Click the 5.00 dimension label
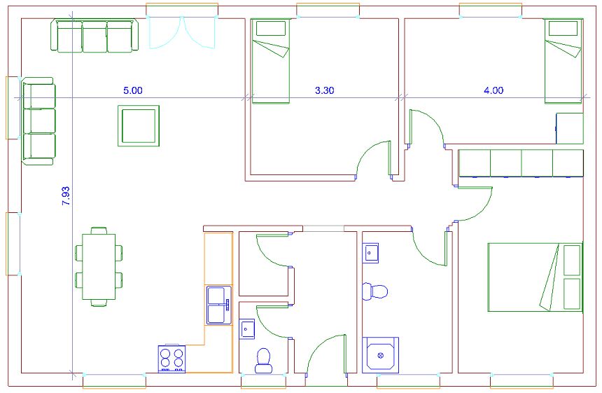pos(132,90)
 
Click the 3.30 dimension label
pos(324,90)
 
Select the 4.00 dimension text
pos(493,90)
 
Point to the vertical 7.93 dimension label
pos(66,195)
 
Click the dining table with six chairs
pos(99,267)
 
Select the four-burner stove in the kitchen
pos(171,359)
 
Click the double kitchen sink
pos(219,305)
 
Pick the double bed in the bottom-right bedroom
pos(535,277)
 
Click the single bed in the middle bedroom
pos(270,62)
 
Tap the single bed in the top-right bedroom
pos(563,62)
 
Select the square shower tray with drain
pos(381,355)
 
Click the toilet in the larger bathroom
pos(375,291)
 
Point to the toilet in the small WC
pos(264,361)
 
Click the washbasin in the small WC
pos(247,329)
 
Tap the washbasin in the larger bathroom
pos(370,253)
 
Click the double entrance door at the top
pos(181,32)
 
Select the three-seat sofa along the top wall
pos(94,36)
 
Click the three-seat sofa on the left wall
pos(38,121)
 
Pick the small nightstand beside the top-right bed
pos(570,128)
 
